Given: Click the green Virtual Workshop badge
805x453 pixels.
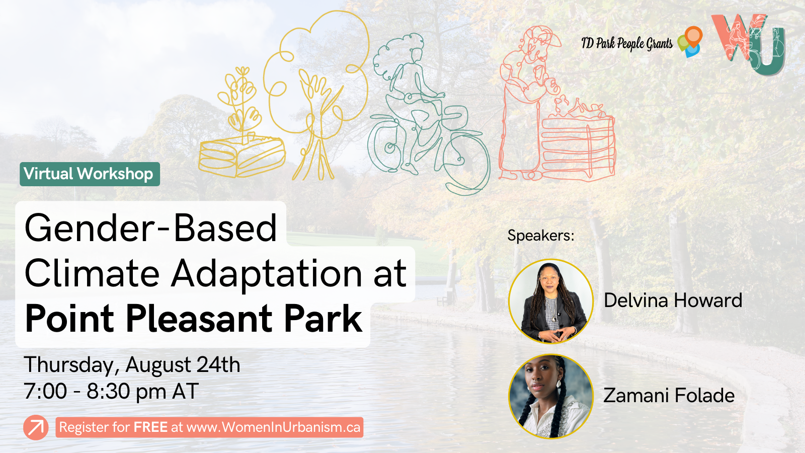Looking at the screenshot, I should (90, 174).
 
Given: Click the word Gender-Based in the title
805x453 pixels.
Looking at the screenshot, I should (151, 228).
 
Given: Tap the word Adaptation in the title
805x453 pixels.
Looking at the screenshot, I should (267, 274).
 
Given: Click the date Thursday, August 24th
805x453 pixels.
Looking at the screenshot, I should (132, 364).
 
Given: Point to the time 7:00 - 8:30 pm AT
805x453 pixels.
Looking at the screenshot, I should (111, 391).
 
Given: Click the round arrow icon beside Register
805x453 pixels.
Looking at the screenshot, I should (36, 427).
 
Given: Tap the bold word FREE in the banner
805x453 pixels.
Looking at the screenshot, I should (150, 427).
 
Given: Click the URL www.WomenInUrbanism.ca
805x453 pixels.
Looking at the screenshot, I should (273, 427).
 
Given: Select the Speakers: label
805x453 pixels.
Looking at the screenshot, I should (540, 236).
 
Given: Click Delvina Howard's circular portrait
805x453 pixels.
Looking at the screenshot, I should (551, 301).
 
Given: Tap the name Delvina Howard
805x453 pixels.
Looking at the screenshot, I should (673, 300).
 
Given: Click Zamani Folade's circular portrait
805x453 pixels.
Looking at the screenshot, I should (551, 396).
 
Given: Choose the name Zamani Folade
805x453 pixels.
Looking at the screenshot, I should (669, 396).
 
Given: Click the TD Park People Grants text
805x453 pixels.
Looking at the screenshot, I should (626, 44).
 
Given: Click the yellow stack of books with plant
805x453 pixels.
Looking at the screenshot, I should (242, 151).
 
